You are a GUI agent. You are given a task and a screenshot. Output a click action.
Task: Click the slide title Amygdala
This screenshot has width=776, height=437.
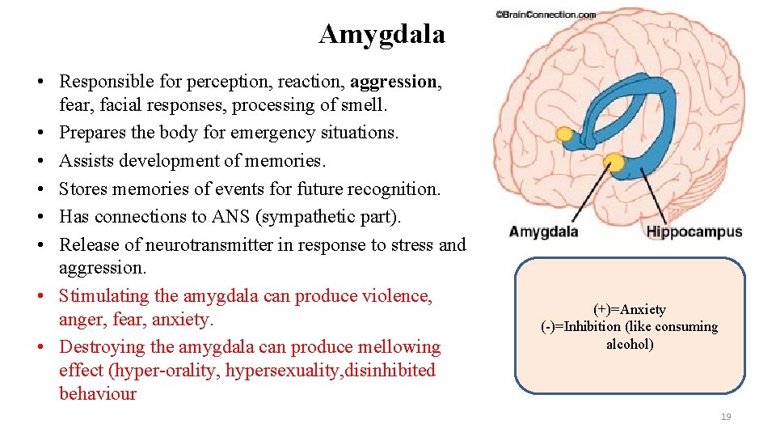point(382,34)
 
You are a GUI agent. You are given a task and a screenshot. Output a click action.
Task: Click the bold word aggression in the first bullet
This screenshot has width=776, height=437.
point(393,82)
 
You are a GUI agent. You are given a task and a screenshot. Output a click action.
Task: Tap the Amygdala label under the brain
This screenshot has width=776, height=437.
point(543,232)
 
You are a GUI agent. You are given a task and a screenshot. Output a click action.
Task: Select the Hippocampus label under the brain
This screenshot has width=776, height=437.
point(694,232)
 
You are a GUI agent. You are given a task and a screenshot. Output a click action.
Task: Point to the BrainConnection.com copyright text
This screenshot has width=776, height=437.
point(546,15)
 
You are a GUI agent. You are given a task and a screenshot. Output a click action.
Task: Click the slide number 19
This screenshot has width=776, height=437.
point(725,416)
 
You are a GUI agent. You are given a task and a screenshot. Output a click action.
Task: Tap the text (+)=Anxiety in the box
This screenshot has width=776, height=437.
point(630,309)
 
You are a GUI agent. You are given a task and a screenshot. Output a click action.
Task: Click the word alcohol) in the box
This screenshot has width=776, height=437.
point(630,344)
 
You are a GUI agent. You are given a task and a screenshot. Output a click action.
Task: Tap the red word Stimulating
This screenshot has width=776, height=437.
point(104,296)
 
